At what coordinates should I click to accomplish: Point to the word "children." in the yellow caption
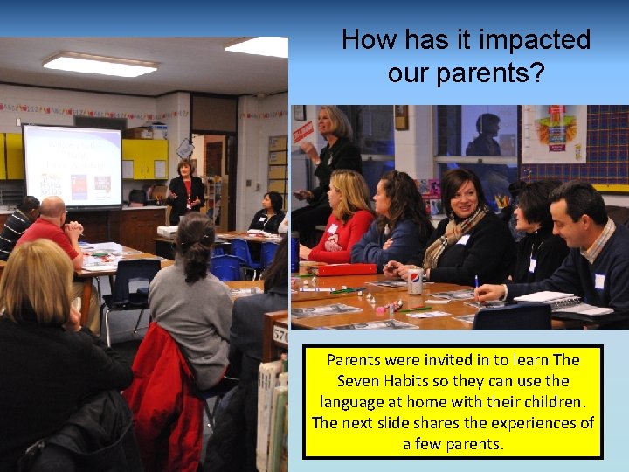tap(538, 402)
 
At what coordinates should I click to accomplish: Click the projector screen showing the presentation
tap(72, 165)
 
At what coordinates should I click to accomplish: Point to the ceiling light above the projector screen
tap(100, 64)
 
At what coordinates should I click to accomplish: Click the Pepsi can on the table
tap(415, 281)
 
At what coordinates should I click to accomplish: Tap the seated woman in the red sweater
tap(344, 219)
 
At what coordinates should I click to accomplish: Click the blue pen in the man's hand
tap(478, 284)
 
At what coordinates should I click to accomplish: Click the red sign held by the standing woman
tap(302, 133)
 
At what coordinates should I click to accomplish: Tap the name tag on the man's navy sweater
tap(599, 281)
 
